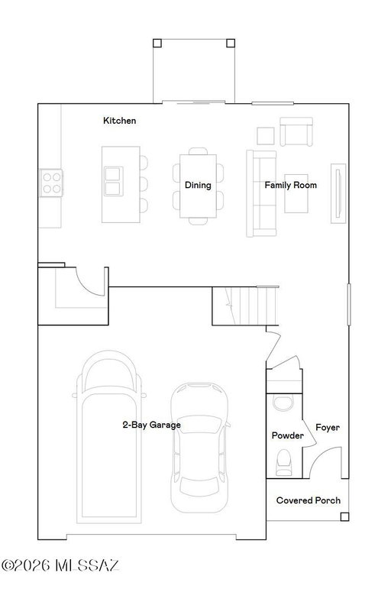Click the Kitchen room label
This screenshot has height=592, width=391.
(x=120, y=121)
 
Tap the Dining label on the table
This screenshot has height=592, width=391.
(x=198, y=186)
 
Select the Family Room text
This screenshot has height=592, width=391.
(x=291, y=186)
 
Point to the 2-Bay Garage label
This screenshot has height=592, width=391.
(x=152, y=425)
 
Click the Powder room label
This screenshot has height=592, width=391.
(x=288, y=435)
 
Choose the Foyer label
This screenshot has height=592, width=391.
(x=328, y=428)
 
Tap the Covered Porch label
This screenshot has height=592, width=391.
(x=309, y=500)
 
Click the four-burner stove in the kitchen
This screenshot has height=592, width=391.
(x=51, y=183)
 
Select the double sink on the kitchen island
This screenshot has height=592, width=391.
(x=113, y=181)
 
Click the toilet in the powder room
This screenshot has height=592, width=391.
(x=284, y=462)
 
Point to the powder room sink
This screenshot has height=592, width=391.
(x=283, y=403)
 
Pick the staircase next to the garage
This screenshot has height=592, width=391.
(x=246, y=306)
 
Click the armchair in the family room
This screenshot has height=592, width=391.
(x=296, y=131)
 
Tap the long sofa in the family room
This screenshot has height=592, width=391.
(x=261, y=194)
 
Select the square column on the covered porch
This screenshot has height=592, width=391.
(x=344, y=516)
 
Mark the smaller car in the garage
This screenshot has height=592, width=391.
(x=199, y=448)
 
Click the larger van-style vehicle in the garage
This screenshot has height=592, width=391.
(x=109, y=437)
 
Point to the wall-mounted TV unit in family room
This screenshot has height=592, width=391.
(x=338, y=194)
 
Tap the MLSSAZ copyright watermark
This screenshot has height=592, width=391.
(x=60, y=565)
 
